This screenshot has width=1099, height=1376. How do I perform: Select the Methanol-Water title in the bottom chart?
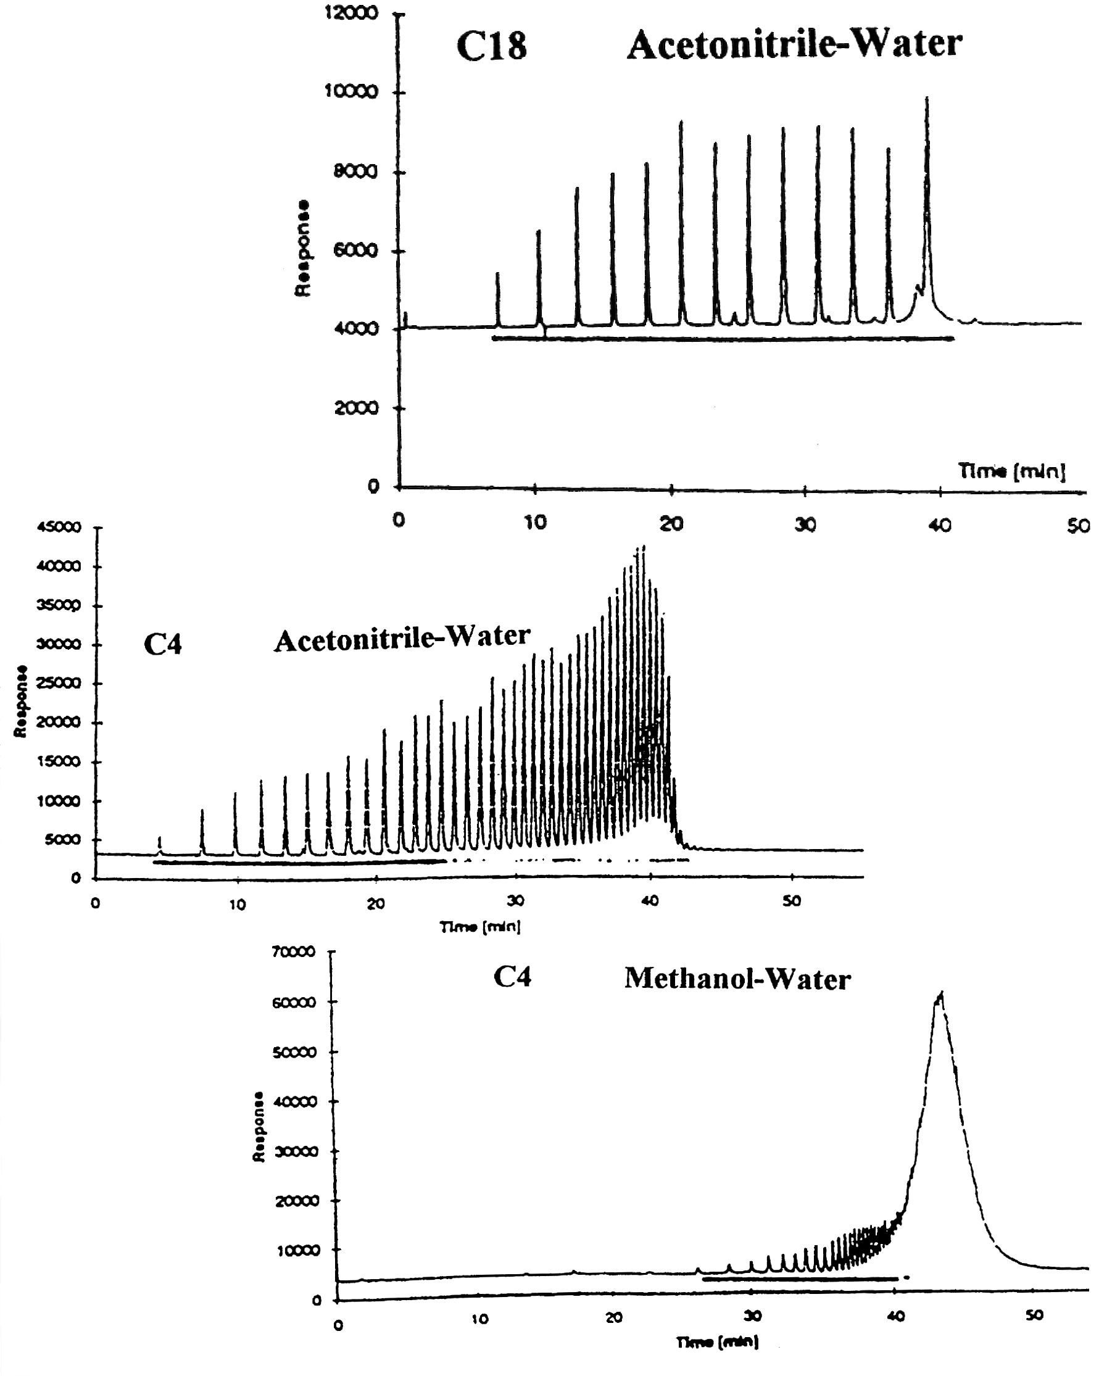click(x=737, y=979)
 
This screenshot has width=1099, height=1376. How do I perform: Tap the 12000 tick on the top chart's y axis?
click(x=352, y=14)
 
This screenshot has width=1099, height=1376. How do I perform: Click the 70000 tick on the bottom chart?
click(x=294, y=951)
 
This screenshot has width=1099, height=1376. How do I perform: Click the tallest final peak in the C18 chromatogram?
click(x=927, y=99)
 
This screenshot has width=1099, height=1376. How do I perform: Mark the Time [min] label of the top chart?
click(x=1011, y=471)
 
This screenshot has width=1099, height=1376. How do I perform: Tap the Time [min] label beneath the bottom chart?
click(x=718, y=1343)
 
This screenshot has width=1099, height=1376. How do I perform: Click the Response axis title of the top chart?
click(x=302, y=249)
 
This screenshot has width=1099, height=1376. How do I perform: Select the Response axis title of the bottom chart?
click(x=259, y=1127)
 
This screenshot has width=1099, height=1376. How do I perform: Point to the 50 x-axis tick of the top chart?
click(x=1079, y=526)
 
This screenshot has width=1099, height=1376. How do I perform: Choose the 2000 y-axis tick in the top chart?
click(x=356, y=408)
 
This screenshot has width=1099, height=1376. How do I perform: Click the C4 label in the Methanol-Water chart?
click(x=513, y=977)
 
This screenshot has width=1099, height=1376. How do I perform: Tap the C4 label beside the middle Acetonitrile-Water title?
click(x=163, y=644)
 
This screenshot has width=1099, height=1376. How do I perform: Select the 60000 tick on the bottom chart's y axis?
click(x=294, y=1002)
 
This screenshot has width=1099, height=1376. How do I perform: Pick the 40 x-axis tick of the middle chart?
click(x=650, y=901)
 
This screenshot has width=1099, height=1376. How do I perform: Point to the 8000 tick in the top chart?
click(x=356, y=172)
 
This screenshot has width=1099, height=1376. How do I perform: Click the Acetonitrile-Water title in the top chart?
click(x=794, y=45)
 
